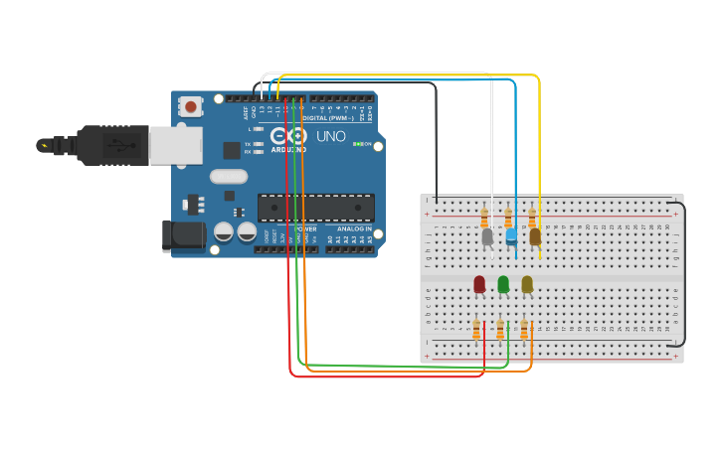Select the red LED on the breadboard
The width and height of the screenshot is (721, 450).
click(x=479, y=285)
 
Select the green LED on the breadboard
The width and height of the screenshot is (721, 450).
click(x=503, y=285)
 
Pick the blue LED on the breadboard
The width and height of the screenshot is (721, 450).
click(x=511, y=236)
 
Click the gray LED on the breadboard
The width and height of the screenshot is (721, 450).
click(x=487, y=236)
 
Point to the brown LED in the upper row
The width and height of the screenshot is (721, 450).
click(x=535, y=236)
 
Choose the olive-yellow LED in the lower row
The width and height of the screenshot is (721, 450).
click(x=527, y=285)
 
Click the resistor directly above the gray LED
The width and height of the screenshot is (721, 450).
click(x=484, y=218)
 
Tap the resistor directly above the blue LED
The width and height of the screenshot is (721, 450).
click(x=508, y=218)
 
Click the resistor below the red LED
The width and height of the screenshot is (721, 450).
click(x=476, y=330)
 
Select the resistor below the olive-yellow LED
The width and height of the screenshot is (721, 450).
click(x=524, y=330)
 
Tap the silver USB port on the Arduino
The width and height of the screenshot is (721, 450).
click(x=175, y=145)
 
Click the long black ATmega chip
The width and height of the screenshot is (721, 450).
click(x=316, y=208)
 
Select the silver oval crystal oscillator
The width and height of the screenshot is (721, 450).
click(x=229, y=177)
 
